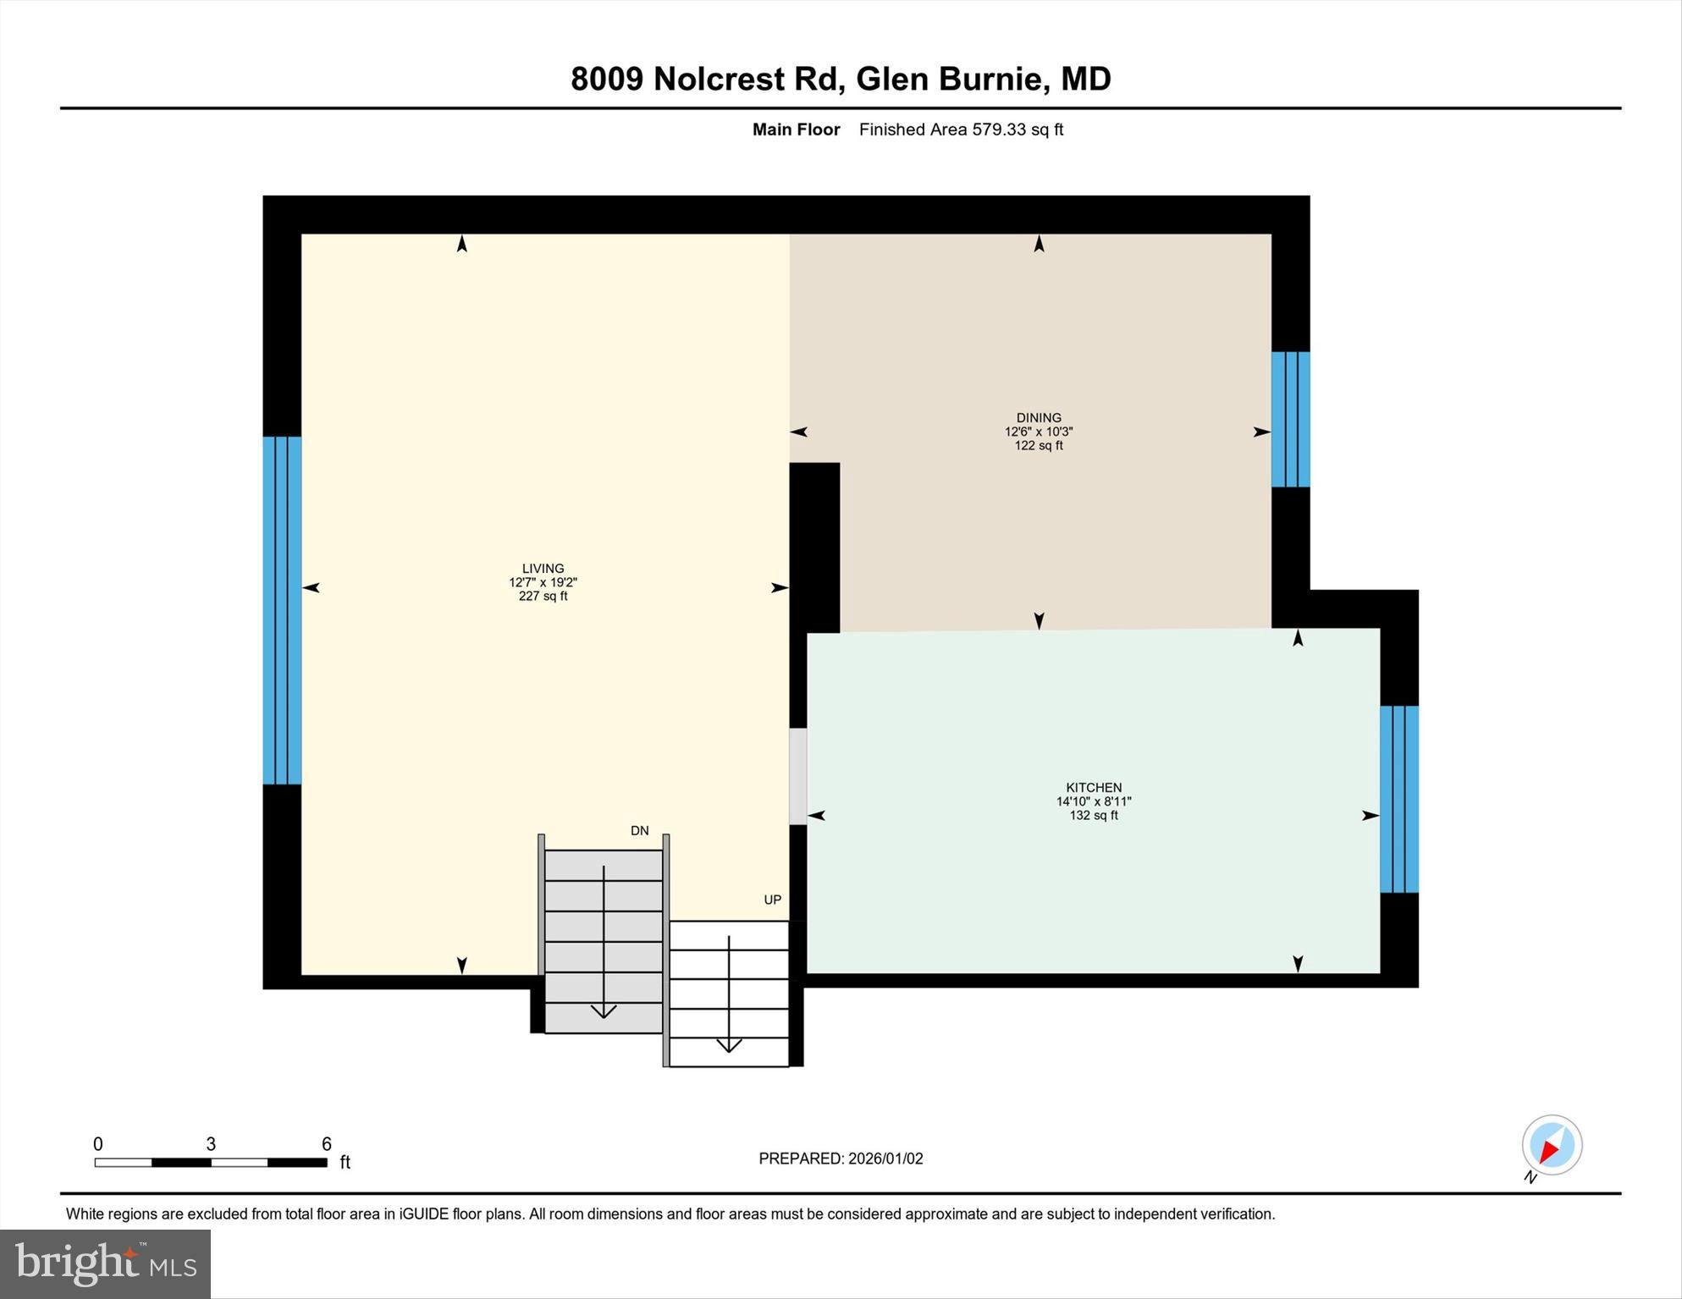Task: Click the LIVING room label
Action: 543,569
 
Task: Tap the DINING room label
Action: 1039,417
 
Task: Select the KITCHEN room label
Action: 1094,787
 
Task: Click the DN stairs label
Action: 640,831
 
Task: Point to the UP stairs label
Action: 772,900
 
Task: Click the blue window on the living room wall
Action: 282,610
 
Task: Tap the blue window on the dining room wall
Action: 1290,419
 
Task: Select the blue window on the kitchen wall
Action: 1398,799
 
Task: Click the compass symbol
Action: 1552,1146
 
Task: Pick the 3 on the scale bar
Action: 211,1144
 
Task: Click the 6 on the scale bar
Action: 327,1144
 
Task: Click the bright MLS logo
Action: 105,1263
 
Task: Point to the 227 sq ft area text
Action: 543,597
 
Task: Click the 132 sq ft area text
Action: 1094,816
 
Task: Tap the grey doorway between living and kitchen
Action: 797,776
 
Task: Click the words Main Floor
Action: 796,129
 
